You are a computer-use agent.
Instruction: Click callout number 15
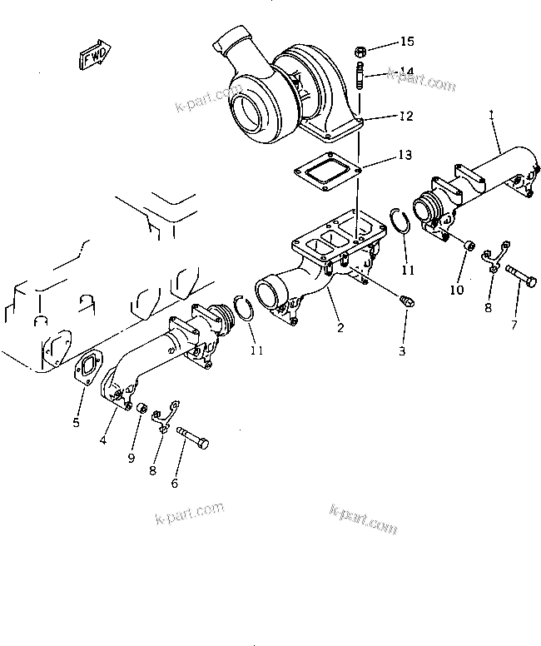(406, 42)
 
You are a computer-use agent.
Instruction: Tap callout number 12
(405, 117)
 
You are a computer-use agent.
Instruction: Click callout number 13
(405, 155)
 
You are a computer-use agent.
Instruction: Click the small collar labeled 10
(469, 246)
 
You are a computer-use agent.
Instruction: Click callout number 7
(513, 324)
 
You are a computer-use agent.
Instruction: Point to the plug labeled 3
(407, 300)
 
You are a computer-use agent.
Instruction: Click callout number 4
(102, 440)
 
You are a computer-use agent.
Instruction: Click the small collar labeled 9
(142, 409)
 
